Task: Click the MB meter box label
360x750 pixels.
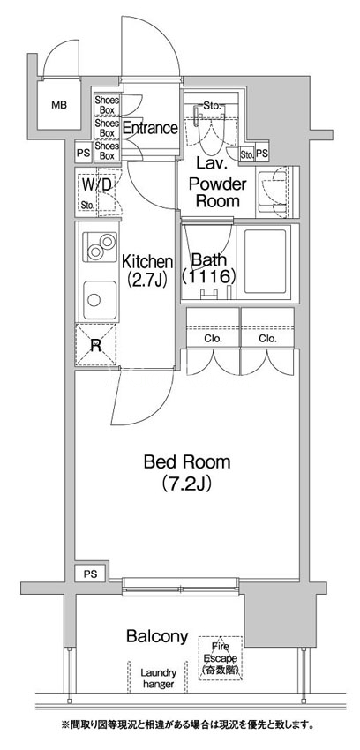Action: click(x=59, y=105)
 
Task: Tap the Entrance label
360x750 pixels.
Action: click(x=150, y=128)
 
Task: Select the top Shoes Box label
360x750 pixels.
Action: click(x=107, y=105)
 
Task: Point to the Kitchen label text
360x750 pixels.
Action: click(x=146, y=262)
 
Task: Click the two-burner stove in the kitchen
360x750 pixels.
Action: click(x=100, y=247)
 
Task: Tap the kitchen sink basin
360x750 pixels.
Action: click(x=100, y=300)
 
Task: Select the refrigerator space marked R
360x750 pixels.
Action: click(x=95, y=345)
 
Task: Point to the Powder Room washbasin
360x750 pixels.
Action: click(x=273, y=191)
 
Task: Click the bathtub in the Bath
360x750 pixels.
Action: click(x=267, y=262)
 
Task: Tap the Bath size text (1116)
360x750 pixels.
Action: click(x=209, y=276)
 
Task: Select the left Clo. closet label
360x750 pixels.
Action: click(x=214, y=339)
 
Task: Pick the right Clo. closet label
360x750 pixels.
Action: click(x=268, y=339)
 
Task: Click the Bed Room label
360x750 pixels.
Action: click(x=187, y=462)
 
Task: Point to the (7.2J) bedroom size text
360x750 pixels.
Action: click(x=186, y=484)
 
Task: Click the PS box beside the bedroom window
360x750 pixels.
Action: click(x=91, y=574)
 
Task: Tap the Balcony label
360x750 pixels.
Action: click(x=157, y=637)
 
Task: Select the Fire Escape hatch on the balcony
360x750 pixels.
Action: click(x=221, y=657)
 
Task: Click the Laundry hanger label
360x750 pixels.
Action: click(x=158, y=679)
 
